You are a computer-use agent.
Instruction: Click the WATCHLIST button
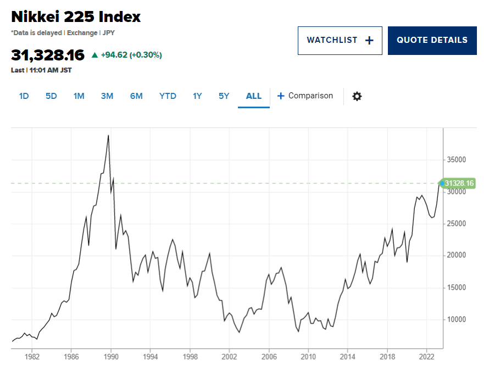(x=340, y=40)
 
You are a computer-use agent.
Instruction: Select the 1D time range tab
(x=24, y=96)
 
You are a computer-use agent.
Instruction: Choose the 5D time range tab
(x=51, y=96)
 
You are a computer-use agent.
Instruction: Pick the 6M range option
(x=136, y=96)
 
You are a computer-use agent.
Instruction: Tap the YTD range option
(x=168, y=96)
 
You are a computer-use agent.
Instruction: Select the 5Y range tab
(x=224, y=96)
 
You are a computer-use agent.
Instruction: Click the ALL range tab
(x=254, y=96)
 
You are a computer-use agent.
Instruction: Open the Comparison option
(x=305, y=96)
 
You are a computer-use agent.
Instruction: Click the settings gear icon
(x=357, y=96)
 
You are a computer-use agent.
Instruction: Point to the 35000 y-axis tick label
(x=455, y=160)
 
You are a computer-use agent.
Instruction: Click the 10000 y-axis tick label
(x=455, y=319)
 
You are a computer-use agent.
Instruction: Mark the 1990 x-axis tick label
(x=111, y=357)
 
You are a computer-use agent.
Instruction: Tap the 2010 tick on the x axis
(x=309, y=357)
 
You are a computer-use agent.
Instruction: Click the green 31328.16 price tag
(x=458, y=183)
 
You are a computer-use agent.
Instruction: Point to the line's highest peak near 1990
(x=108, y=135)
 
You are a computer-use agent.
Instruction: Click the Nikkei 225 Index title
(x=76, y=16)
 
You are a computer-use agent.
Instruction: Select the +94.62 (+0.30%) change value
(x=131, y=55)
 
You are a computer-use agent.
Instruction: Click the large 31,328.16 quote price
(x=48, y=55)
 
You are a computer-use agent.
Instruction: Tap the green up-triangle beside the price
(x=95, y=55)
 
